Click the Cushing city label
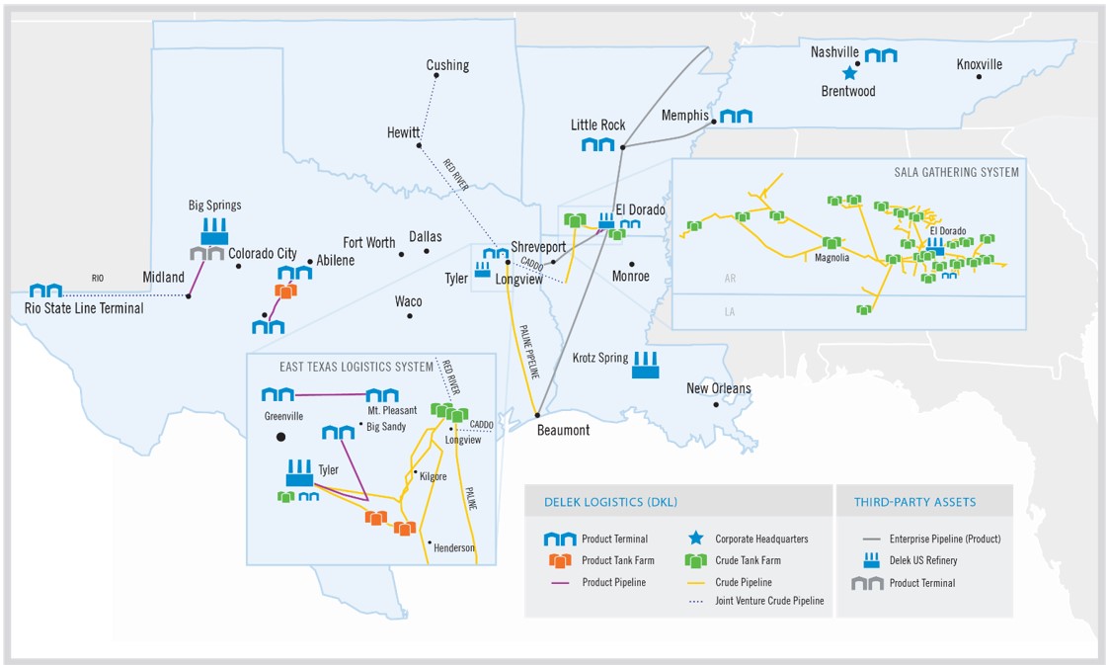447,66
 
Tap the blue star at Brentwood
848,73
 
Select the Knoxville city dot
979,77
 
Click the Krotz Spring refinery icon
646,364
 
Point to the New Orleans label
718,388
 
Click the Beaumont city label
563,430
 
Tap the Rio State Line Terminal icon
45,291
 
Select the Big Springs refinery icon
214,232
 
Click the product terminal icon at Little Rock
597,145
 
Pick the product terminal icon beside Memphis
736,117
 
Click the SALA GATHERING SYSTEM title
957,172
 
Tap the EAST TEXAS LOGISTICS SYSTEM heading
356,367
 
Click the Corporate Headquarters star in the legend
696,539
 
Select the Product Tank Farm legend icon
560,561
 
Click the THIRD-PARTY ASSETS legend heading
914,502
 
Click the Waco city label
408,301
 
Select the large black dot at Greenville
281,436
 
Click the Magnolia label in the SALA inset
831,259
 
